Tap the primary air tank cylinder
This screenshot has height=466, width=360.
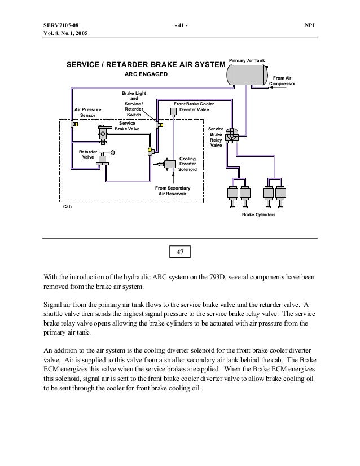[x=248, y=72]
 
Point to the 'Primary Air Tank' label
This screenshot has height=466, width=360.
[x=246, y=59]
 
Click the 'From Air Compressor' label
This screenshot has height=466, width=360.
[x=282, y=81]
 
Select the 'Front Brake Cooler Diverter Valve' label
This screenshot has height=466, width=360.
[x=194, y=107]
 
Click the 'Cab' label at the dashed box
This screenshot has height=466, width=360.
[x=67, y=207]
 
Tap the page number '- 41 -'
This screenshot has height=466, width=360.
[x=181, y=26]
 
